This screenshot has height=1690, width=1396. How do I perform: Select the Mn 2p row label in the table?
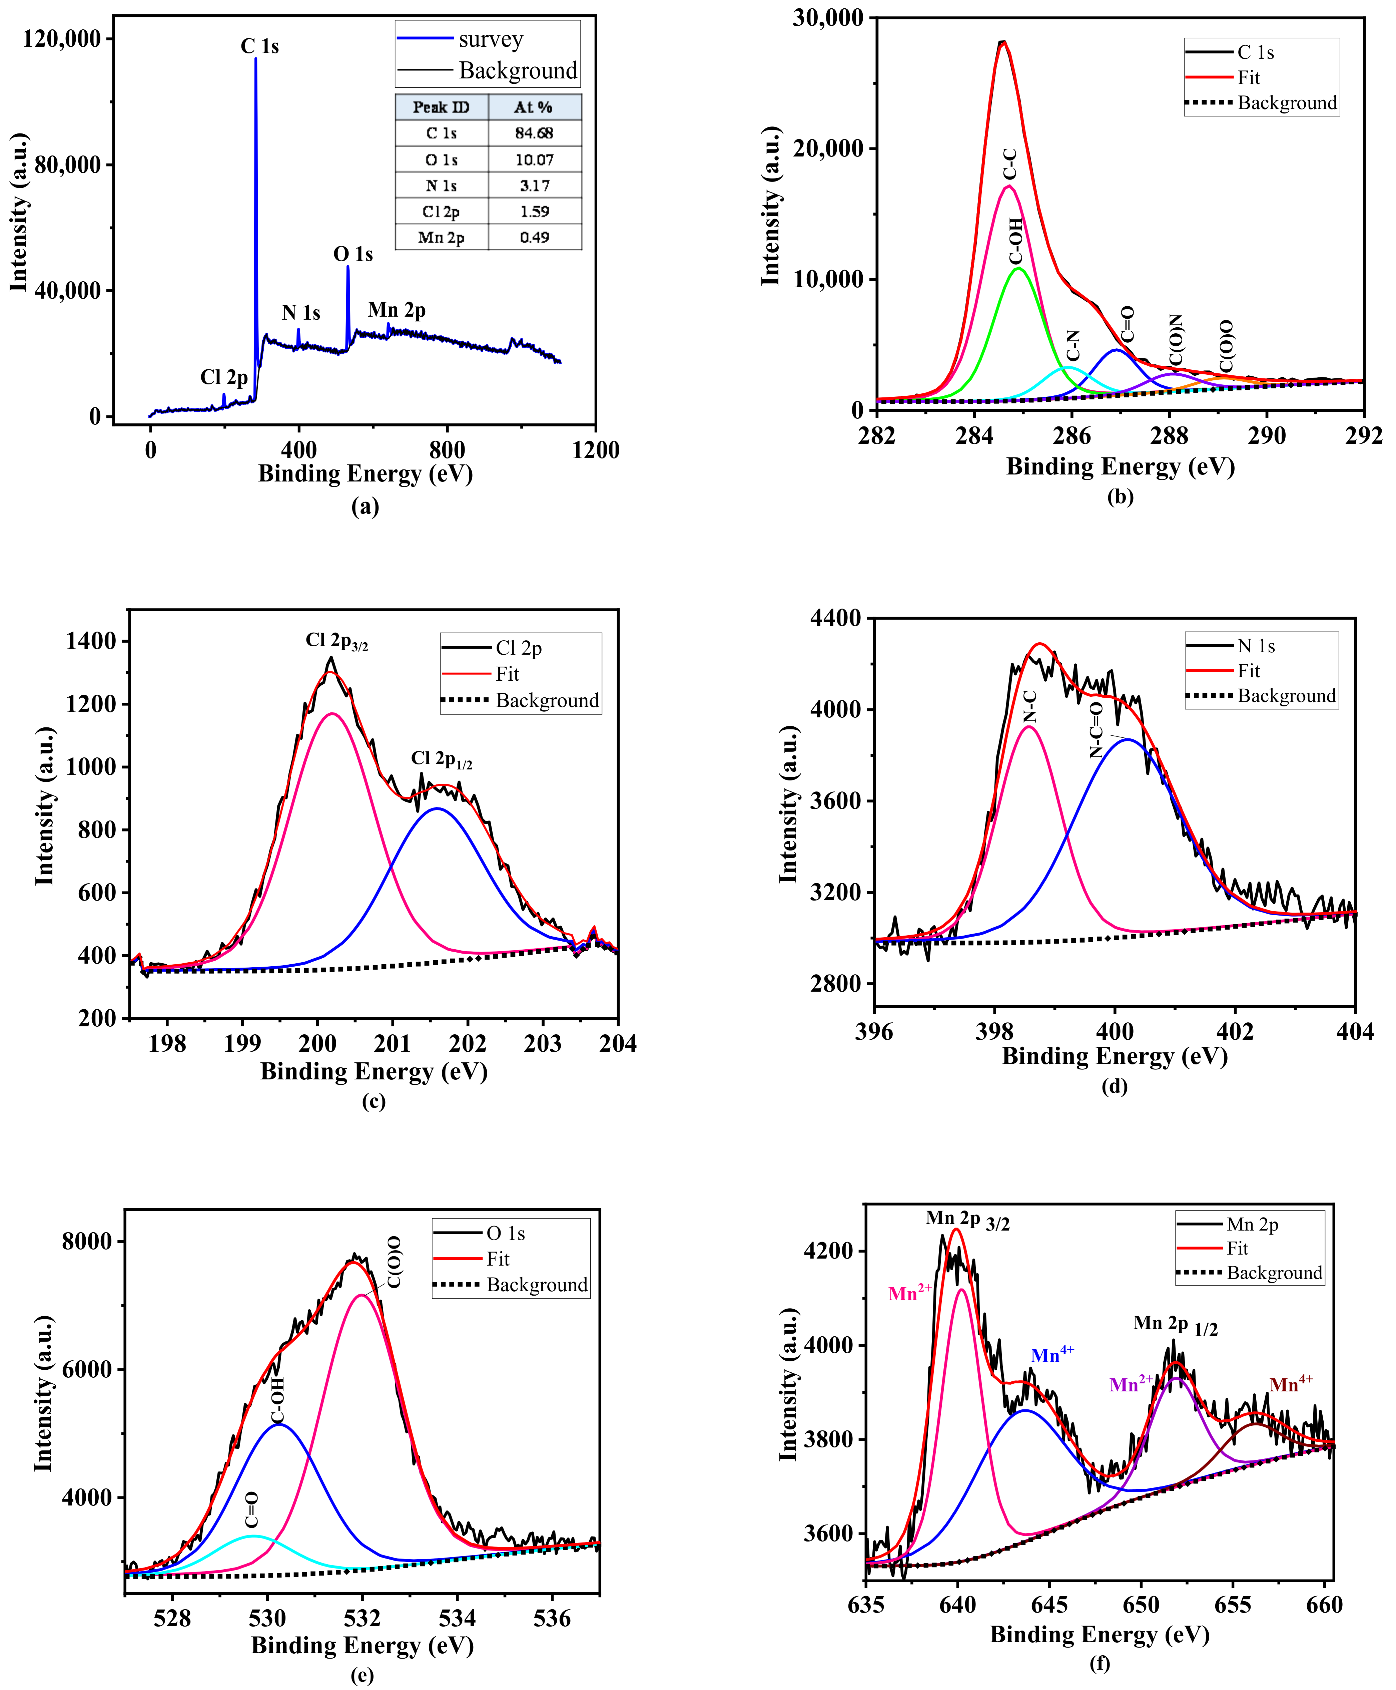pyautogui.click(x=441, y=237)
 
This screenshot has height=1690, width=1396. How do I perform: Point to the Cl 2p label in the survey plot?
pyautogui.click(x=223, y=377)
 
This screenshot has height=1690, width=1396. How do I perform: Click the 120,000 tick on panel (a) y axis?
pyautogui.click(x=62, y=39)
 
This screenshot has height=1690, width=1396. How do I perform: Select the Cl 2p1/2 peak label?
pyautogui.click(x=442, y=758)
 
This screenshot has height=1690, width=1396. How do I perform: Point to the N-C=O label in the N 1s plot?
pyautogui.click(x=1095, y=730)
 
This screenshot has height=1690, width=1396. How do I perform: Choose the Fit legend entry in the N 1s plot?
pyautogui.click(x=1248, y=671)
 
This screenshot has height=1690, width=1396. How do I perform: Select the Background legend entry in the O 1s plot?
pyautogui.click(x=536, y=1285)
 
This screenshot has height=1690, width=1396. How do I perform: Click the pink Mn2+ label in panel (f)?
pyautogui.click(x=909, y=1293)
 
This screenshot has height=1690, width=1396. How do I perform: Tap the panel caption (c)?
pyautogui.click(x=373, y=1101)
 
